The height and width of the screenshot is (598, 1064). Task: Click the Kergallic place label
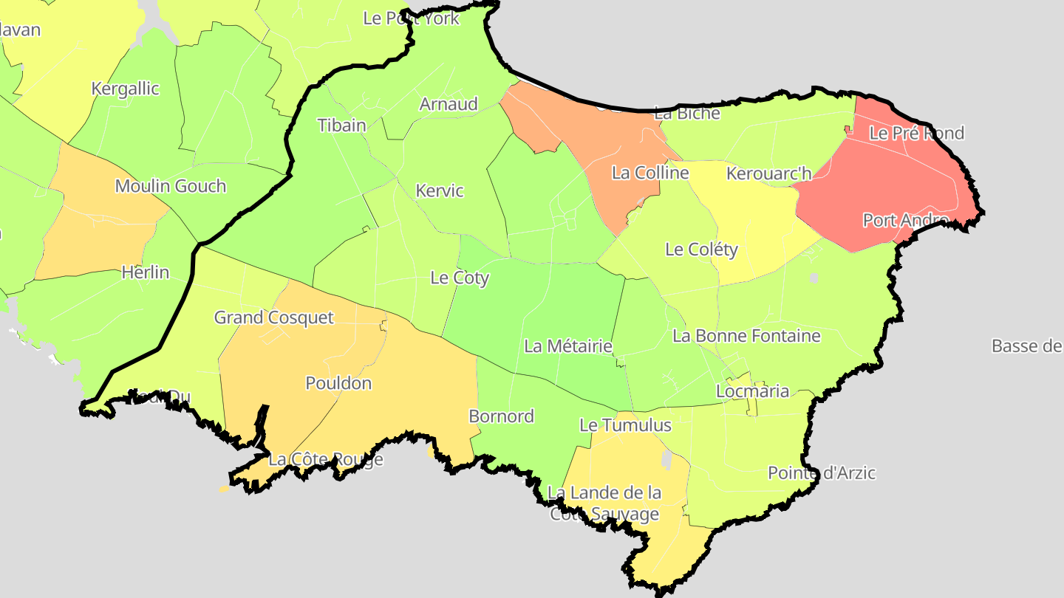[x=125, y=89]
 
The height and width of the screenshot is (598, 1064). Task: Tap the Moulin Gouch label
[x=171, y=186]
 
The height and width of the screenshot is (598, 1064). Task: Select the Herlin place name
[x=146, y=272]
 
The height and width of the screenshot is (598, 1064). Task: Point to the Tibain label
[x=341, y=125]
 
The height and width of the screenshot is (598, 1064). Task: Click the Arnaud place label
[x=449, y=104]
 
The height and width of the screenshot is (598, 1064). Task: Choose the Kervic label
[x=440, y=190]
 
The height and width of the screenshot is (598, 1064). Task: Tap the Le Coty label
[x=460, y=278]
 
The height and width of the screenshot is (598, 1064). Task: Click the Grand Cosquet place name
[x=274, y=317]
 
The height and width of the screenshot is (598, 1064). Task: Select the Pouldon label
[x=338, y=383]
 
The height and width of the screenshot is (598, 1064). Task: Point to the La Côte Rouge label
[x=326, y=460]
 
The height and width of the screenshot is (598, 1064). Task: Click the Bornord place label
[x=502, y=416]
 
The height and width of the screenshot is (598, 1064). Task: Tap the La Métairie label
[x=568, y=346]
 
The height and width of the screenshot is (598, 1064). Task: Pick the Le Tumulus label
[x=625, y=425]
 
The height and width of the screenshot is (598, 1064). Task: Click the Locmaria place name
[x=753, y=391]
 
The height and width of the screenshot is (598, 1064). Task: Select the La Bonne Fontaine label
[x=746, y=336]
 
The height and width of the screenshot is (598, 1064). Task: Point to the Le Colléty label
[x=701, y=250]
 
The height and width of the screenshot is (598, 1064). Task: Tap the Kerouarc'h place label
[x=769, y=173]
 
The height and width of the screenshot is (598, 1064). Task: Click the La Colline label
[x=650, y=173]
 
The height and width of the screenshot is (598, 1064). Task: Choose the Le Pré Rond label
[x=916, y=134]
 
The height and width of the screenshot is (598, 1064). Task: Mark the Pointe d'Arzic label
[x=822, y=472]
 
